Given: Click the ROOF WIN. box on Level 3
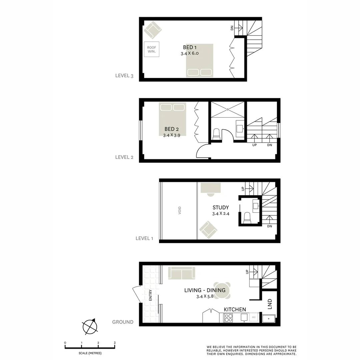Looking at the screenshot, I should (151, 49).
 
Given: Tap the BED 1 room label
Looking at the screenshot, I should (190, 47).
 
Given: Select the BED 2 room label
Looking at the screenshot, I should (172, 129).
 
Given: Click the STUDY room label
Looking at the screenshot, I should (221, 207).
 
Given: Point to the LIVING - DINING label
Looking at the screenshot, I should (205, 290).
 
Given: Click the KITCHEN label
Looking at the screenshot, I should (235, 310).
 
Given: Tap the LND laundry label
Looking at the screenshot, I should (270, 304).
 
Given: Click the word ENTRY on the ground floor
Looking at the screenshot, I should (151, 295).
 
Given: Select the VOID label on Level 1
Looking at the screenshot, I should (180, 210).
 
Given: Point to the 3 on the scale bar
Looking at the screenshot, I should (115, 343).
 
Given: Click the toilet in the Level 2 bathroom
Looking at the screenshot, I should (216, 134).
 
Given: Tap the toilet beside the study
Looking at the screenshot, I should (247, 218).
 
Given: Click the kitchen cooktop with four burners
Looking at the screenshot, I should (228, 318).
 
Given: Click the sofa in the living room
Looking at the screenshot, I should (182, 273).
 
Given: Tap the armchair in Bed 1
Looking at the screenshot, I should (153, 30).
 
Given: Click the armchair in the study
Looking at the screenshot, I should (208, 230).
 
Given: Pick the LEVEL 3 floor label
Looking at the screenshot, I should (124, 75).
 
